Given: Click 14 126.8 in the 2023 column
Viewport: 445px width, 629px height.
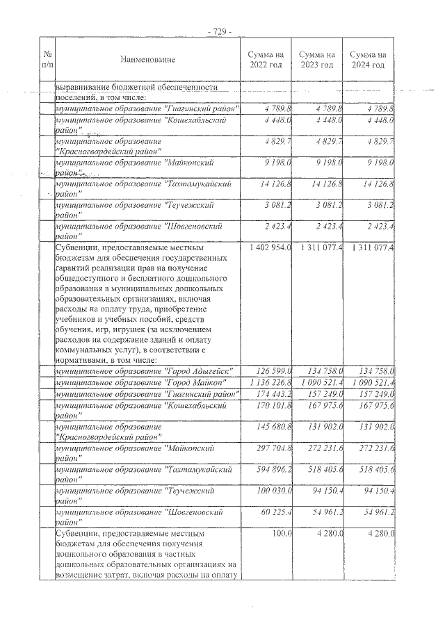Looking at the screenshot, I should point(323,184).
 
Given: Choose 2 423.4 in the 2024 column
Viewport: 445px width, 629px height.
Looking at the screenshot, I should point(375,226).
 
